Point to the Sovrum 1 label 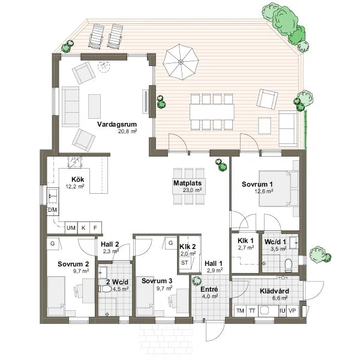click(257, 184)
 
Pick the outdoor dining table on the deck click(211, 112)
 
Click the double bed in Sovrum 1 click(278, 189)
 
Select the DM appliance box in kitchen click(53, 210)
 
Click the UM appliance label click(71, 227)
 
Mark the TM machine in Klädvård click(240, 310)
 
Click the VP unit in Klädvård click(292, 310)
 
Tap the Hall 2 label click(110, 244)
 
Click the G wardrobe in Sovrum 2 click(53, 243)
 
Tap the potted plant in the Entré click(196, 281)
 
